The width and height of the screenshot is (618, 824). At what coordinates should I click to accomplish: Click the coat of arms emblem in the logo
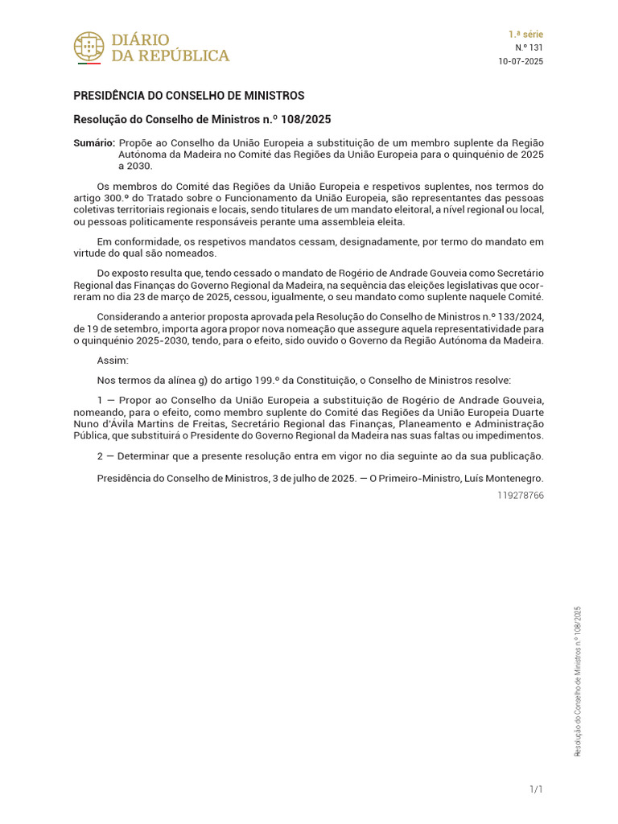tap(89, 47)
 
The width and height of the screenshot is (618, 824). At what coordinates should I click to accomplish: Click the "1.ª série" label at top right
tap(525, 35)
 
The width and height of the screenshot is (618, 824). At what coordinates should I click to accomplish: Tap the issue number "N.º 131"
tap(529, 48)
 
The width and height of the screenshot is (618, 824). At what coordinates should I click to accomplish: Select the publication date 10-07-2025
tap(521, 62)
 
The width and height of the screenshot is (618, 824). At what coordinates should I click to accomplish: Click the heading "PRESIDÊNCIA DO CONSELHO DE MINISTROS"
tap(189, 96)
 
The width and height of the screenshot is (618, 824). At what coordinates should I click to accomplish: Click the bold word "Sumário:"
tap(93, 142)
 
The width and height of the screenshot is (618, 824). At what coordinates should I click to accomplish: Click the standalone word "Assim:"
tap(112, 360)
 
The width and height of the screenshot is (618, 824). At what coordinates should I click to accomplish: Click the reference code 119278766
tap(521, 495)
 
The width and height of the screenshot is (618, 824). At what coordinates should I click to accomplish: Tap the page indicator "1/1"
tap(536, 790)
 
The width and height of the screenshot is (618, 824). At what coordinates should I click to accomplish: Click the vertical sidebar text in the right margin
tap(577, 681)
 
